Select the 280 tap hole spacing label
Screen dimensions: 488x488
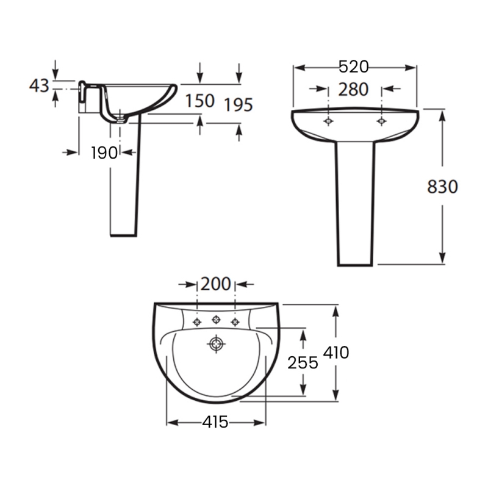pos(353,89)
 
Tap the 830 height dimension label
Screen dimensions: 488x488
pos(442,187)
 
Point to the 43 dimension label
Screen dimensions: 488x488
pos(40,86)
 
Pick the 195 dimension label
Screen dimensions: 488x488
pos(238,105)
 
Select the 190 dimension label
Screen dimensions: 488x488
pos(104,153)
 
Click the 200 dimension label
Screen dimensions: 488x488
pos(216,284)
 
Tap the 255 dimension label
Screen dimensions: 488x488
pos(303,363)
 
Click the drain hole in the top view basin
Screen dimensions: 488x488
pos(216,345)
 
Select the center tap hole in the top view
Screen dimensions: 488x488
pos(216,320)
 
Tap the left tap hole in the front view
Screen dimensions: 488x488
pos(329,121)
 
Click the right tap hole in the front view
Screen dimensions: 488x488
pos(381,121)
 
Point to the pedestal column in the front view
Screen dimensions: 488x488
pos(356,201)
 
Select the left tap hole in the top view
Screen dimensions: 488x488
pos(197,321)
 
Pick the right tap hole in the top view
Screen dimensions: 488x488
pos(235,321)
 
